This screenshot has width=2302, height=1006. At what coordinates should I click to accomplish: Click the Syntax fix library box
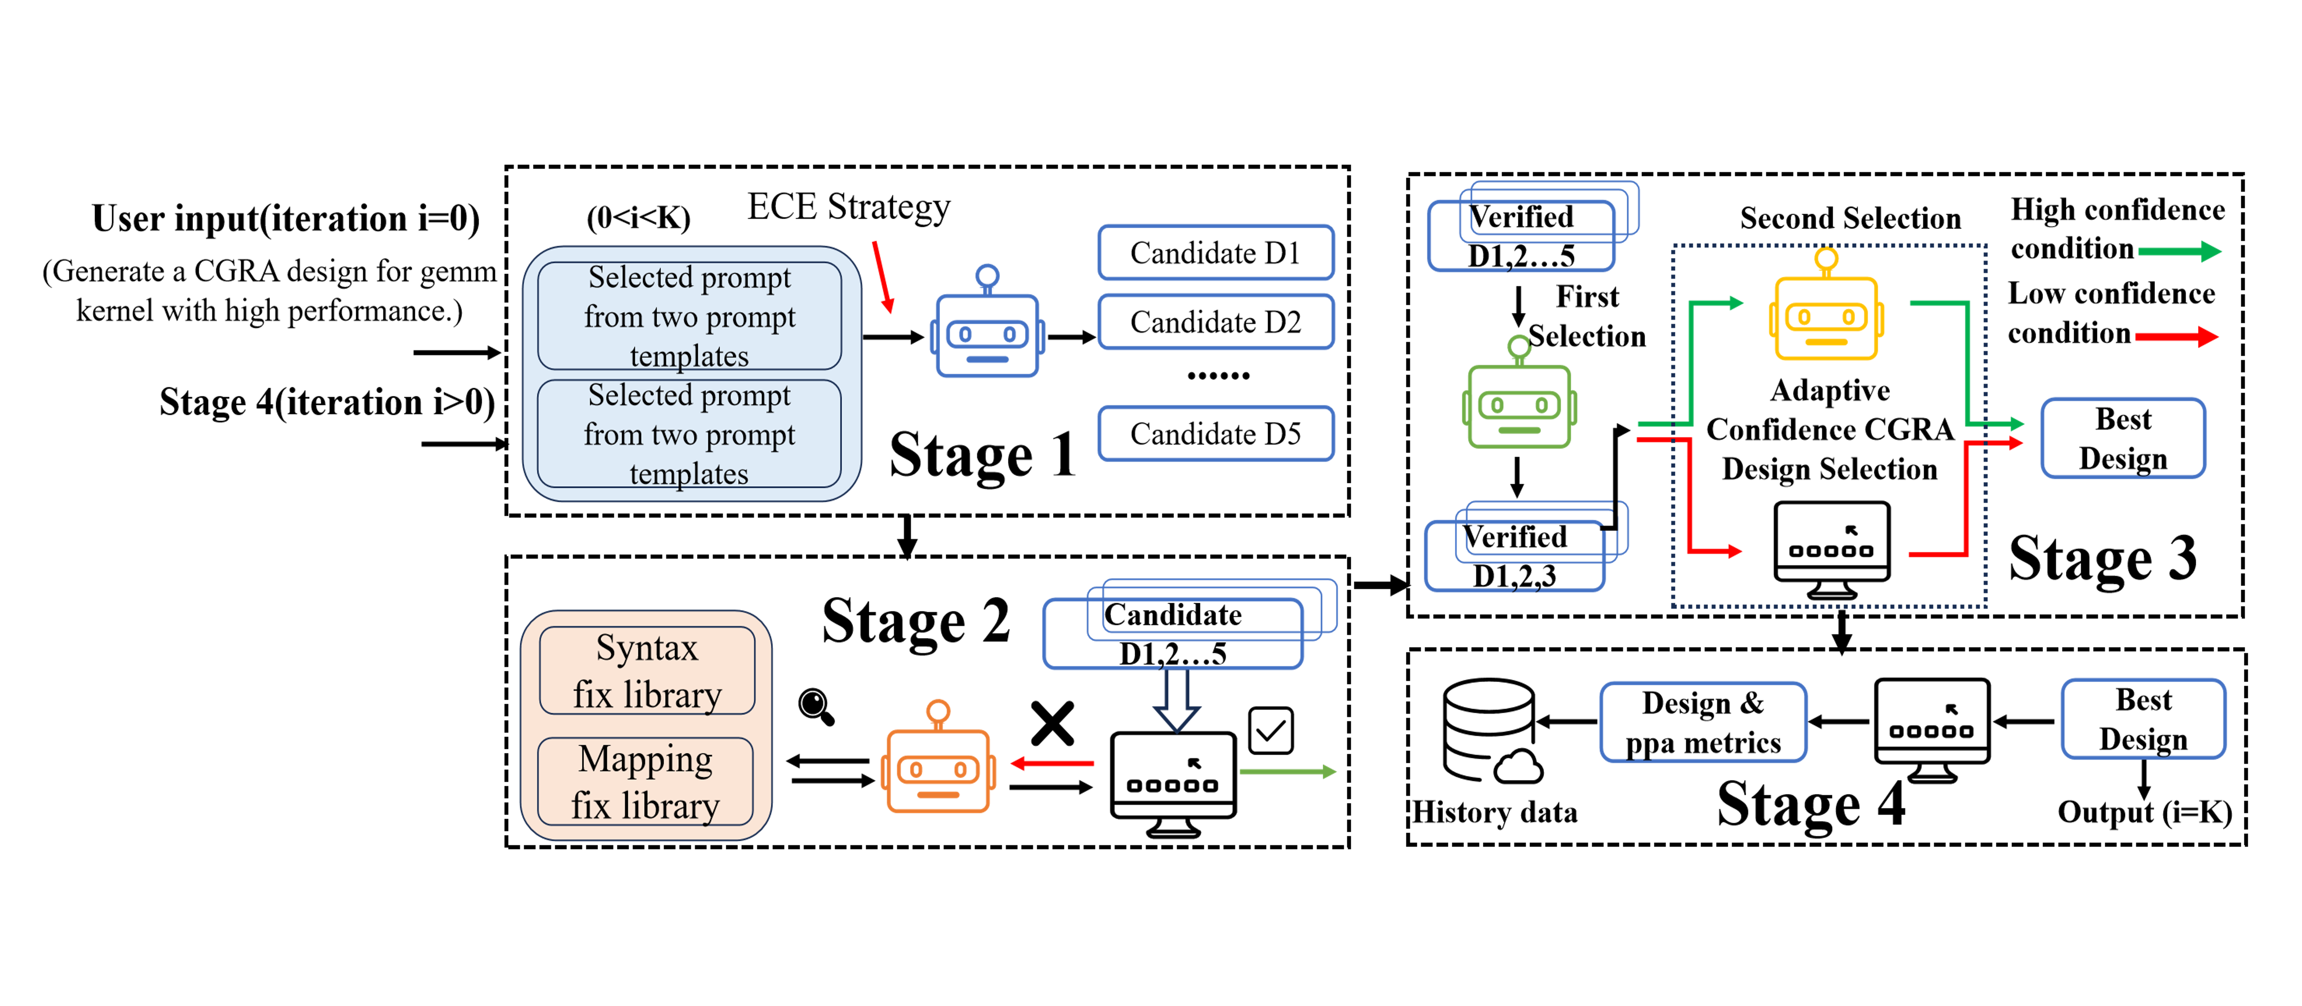647,671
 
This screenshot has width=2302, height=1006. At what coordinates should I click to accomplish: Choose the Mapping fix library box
646,782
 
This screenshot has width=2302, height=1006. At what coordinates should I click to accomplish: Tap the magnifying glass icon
816,707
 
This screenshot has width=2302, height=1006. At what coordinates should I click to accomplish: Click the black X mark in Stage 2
1053,724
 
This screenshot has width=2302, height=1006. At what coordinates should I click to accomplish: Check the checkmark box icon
1271,731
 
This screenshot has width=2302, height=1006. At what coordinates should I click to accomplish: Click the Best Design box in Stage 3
2123,439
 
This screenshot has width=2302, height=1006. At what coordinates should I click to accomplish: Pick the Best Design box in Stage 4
2143,719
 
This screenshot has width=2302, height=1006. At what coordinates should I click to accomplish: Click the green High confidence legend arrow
2179,251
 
